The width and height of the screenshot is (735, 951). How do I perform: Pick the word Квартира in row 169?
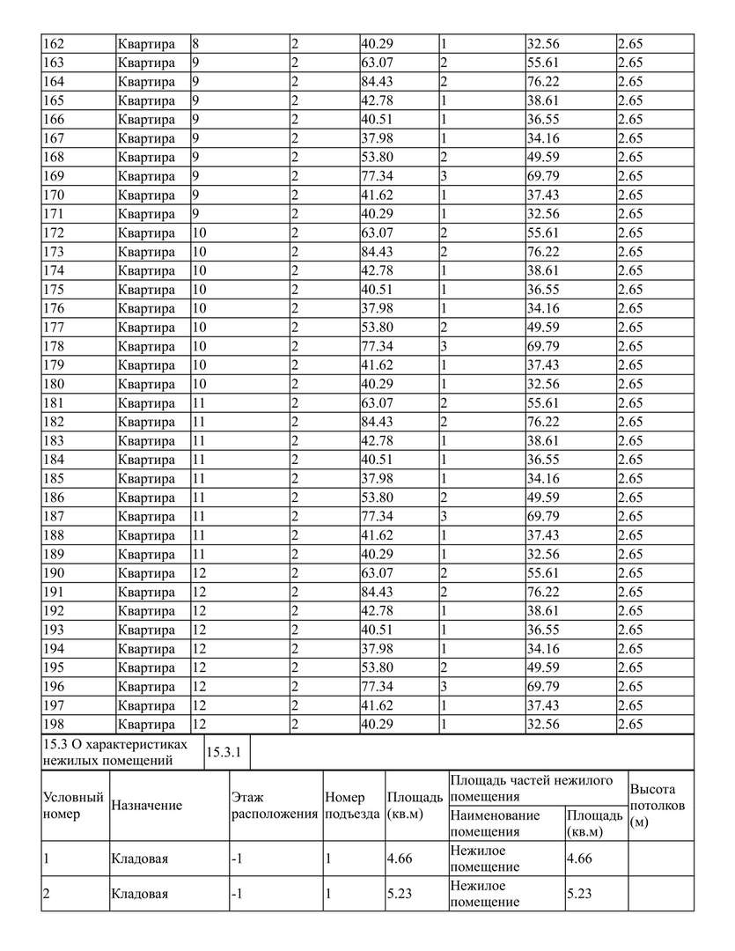click(146, 176)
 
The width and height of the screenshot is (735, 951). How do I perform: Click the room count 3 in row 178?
click(445, 346)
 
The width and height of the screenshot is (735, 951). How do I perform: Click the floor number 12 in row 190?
click(199, 573)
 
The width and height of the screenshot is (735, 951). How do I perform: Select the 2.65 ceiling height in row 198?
click(630, 725)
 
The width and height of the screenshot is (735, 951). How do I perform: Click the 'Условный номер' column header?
click(73, 806)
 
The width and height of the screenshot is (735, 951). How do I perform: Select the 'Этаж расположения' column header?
click(274, 806)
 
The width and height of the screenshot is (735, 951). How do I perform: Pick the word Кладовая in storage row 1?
click(139, 859)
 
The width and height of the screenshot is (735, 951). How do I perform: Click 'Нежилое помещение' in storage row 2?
click(484, 894)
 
